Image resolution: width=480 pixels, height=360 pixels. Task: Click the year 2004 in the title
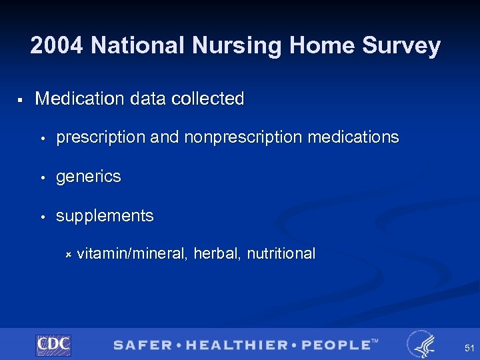pos(57,46)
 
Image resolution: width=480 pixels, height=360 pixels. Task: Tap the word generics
pos(89,177)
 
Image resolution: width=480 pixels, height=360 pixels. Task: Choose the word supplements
pos(105,217)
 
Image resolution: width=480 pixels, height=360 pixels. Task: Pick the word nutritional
pos(281,253)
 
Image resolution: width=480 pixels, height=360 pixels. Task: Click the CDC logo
pos(53,345)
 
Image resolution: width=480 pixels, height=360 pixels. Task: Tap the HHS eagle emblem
pos(420,344)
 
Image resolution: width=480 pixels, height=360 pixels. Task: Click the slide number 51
pos(469,347)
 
